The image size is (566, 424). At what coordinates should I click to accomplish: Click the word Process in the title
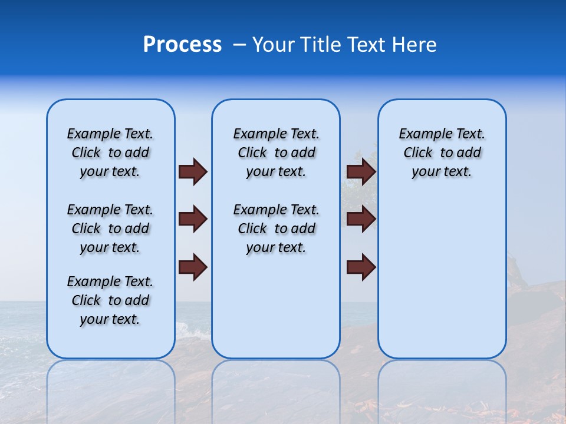click(182, 45)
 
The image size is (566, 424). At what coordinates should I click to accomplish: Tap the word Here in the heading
click(414, 45)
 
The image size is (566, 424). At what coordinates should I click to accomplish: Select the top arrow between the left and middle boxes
click(193, 171)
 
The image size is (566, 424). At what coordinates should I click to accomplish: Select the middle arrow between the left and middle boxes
click(193, 219)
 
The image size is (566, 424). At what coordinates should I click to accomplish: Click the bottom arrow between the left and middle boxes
click(193, 267)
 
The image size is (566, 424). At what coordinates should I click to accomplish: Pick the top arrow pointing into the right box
click(361, 171)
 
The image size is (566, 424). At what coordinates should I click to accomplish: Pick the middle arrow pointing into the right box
click(361, 219)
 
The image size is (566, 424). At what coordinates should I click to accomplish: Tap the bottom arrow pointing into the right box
click(361, 267)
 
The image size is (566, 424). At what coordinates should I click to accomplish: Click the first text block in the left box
click(110, 153)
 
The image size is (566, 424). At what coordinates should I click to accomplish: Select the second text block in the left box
click(110, 228)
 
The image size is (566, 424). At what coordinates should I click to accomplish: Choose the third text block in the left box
click(110, 300)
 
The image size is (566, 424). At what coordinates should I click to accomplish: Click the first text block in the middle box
click(276, 153)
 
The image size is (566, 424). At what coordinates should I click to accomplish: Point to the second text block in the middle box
click(276, 228)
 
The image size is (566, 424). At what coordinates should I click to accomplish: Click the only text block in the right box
click(442, 153)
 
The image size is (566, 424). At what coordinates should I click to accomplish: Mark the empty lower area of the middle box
click(276, 306)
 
